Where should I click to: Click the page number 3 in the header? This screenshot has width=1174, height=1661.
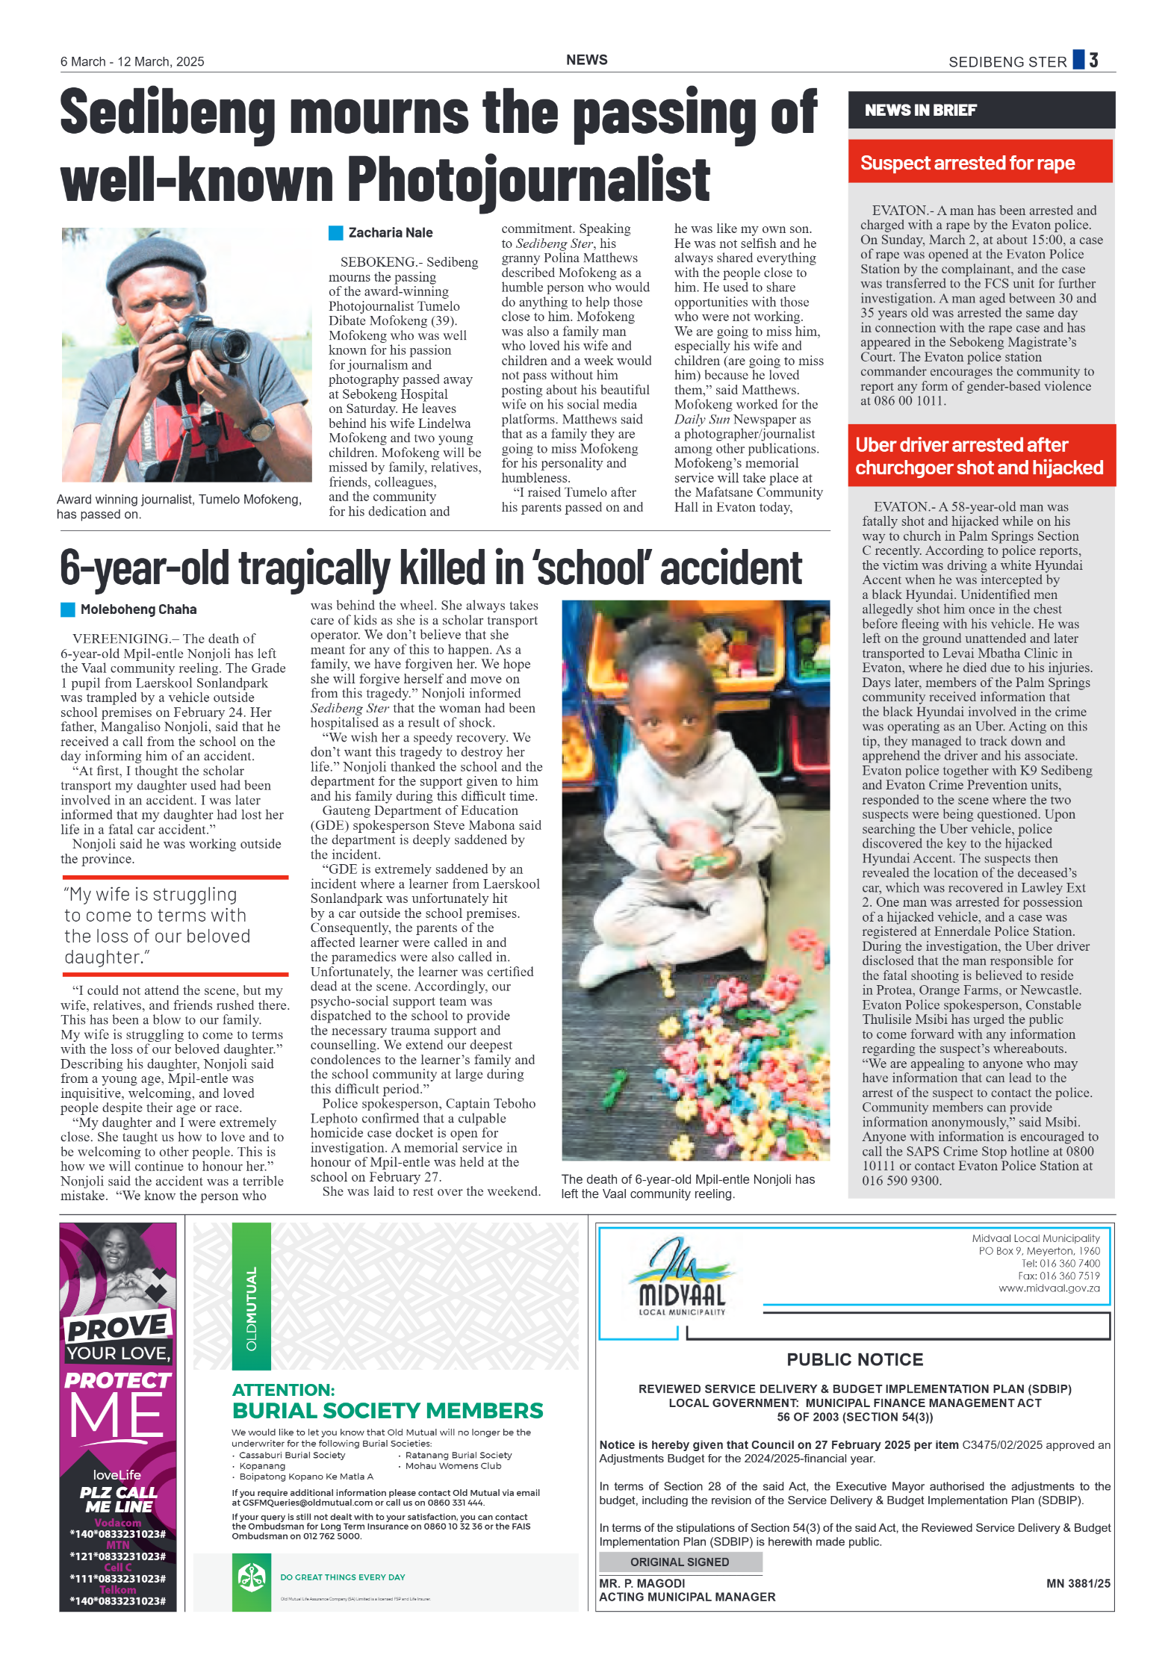(x=1093, y=60)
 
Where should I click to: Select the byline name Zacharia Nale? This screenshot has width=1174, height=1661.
(x=390, y=233)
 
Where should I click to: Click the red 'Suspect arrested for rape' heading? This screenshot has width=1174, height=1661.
(x=967, y=163)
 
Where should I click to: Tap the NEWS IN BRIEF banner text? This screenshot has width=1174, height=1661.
(x=920, y=111)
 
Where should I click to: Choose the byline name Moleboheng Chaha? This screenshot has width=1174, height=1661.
(x=138, y=609)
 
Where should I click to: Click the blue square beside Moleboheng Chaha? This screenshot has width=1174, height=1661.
(x=68, y=609)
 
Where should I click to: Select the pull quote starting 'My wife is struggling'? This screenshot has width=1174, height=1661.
(x=158, y=925)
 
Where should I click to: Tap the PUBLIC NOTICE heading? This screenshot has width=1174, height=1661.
(x=854, y=1359)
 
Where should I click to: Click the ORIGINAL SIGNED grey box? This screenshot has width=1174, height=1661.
(x=680, y=1562)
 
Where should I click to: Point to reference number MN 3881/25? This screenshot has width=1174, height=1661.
(x=1078, y=1583)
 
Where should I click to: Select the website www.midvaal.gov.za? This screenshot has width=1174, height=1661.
(x=1049, y=1288)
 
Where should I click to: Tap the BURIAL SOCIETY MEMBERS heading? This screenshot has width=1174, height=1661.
(x=388, y=1411)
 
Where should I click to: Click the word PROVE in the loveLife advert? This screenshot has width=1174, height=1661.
(x=118, y=1327)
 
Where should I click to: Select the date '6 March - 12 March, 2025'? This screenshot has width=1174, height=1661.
(x=132, y=62)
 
